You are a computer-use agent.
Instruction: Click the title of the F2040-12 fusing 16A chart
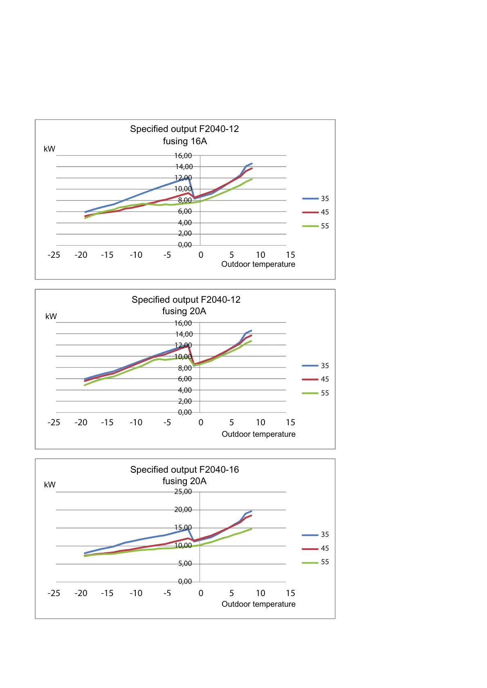tap(184, 135)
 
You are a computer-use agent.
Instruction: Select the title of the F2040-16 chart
tap(184, 475)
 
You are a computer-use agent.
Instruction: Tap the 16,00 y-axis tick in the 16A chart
tap(183, 156)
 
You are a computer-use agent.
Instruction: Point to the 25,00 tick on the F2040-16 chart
tap(183, 491)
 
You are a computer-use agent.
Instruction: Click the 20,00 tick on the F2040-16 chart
tap(183, 509)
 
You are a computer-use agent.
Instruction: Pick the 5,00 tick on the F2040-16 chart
tap(184, 563)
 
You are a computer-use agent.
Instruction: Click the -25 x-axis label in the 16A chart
tap(54, 255)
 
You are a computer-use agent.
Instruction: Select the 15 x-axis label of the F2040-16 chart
tap(290, 593)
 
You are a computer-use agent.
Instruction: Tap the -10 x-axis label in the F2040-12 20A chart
tap(136, 422)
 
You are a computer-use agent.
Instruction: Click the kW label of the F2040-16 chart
tap(49, 485)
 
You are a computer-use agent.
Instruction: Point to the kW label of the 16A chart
tap(49, 149)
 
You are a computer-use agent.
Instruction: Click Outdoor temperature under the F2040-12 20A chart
tap(258, 434)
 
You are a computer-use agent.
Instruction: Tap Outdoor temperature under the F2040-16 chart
tap(258, 604)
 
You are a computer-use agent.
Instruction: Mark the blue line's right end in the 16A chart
tap(251, 163)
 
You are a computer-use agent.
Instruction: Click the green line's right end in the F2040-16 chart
tap(251, 529)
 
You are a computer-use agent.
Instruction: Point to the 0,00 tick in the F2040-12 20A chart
tap(184, 412)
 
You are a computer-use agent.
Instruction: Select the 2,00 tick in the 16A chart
tap(184, 233)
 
